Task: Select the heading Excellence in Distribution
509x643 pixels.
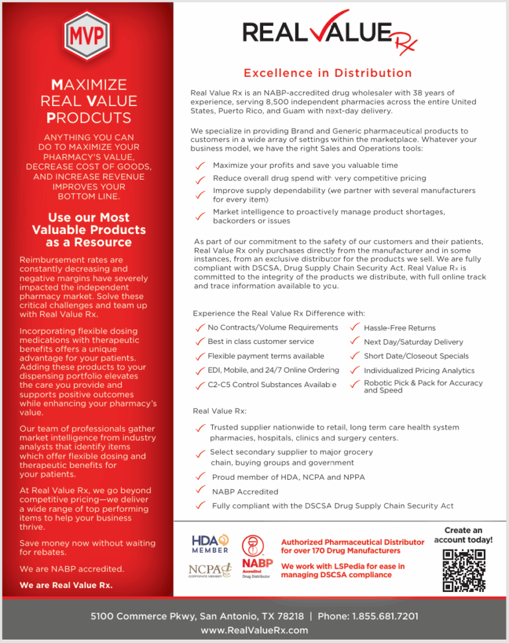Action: tap(327, 73)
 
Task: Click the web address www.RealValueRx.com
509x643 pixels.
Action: tap(254, 630)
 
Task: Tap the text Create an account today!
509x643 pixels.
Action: tap(463, 535)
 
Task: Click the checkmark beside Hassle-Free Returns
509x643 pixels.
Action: tap(355, 327)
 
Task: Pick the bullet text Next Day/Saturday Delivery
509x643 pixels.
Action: tap(413, 342)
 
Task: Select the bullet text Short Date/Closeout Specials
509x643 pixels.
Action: tap(416, 356)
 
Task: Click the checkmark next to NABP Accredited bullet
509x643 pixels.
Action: tap(200, 491)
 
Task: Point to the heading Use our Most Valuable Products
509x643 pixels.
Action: tap(89, 229)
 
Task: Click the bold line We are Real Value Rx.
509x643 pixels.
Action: tap(66, 585)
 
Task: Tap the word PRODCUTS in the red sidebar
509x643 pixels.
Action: tap(89, 118)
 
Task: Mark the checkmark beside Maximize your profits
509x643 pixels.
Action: tap(199, 166)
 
